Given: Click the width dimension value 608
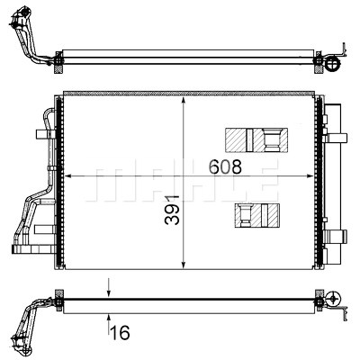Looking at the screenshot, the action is point(225,166).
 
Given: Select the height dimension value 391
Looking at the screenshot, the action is point(172,210).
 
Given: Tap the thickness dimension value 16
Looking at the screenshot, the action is point(120,332).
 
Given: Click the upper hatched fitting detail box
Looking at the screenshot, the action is point(256,139).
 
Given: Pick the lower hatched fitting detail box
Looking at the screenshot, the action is point(257,215).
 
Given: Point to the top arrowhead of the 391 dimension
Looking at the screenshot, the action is point(184,101).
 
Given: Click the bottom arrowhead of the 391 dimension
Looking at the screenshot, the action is point(184,264).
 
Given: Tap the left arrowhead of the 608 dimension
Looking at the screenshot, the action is point(69,176).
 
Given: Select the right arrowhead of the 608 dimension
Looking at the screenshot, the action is point(309,176).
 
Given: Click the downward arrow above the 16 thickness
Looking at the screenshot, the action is point(109,288).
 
